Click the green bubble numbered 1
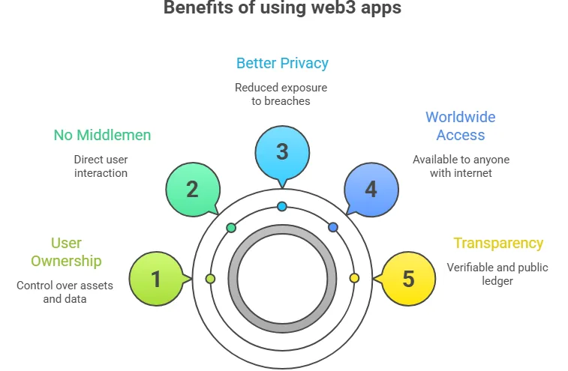click(x=156, y=279)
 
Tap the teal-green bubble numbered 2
click(x=192, y=188)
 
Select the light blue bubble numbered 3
click(x=282, y=151)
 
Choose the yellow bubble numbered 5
click(x=408, y=279)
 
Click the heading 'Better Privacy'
click(x=282, y=63)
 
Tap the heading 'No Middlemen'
click(x=102, y=135)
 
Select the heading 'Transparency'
click(x=498, y=243)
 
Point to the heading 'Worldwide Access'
click(x=461, y=126)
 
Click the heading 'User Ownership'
click(x=66, y=252)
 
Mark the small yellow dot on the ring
click(x=355, y=278)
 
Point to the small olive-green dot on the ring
click(x=210, y=278)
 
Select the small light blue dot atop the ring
click(x=282, y=206)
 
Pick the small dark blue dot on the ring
click(x=333, y=227)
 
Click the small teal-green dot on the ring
click(x=231, y=227)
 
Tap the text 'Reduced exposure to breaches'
click(x=281, y=94)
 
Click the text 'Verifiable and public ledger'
click(x=487, y=274)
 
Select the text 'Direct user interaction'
click(x=101, y=166)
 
